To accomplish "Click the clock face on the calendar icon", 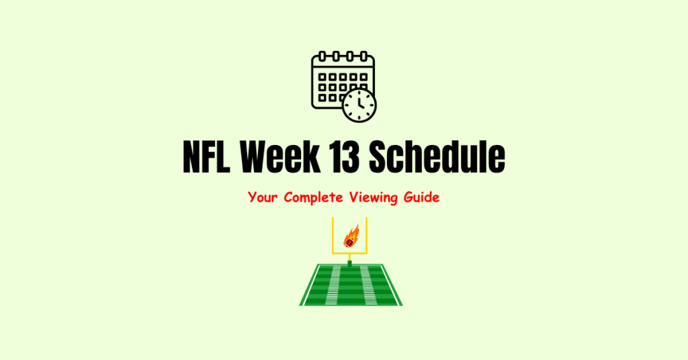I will pyautogui.click(x=359, y=105).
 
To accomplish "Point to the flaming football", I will pyautogui.click(x=351, y=236).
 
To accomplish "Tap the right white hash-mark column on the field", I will pyautogui.click(x=367, y=285).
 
